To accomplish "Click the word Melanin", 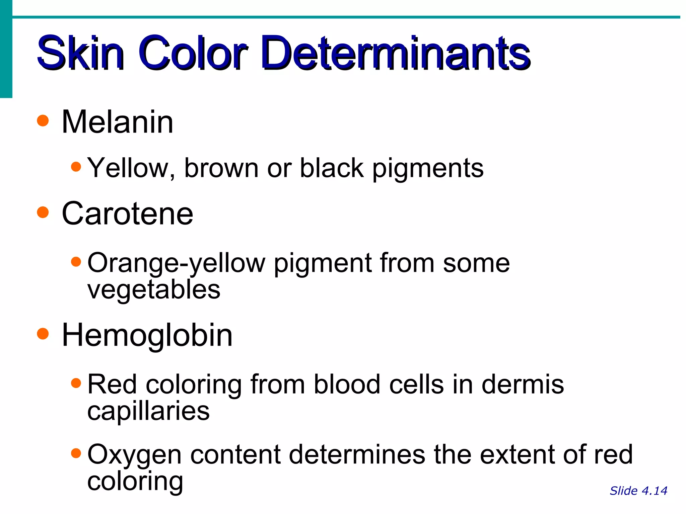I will tap(117, 122).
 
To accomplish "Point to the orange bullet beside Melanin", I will tap(43, 120).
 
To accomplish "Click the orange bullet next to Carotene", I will tap(43, 212).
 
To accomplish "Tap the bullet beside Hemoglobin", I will tap(43, 333).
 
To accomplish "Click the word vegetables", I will tap(154, 290).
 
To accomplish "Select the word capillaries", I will tap(148, 411).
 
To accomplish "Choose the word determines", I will tap(357, 454).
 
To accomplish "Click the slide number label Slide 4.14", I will tap(638, 491).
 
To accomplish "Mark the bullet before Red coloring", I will tap(76, 383).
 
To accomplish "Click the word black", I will tap(331, 168).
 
